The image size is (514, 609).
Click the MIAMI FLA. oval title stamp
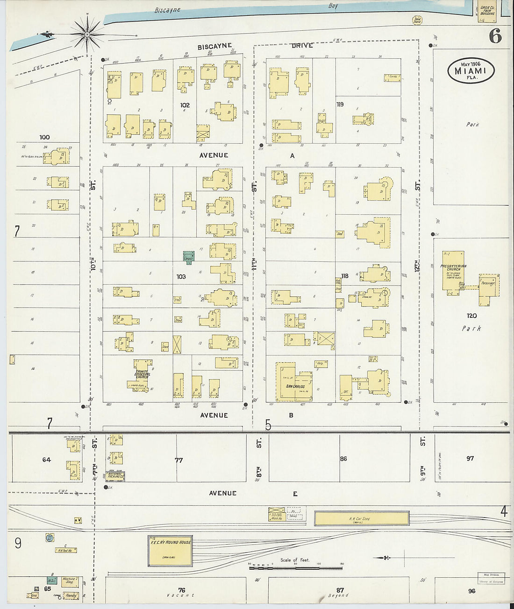point(471,71)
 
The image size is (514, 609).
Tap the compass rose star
point(87,34)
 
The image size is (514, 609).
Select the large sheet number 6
point(495,36)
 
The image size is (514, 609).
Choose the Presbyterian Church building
point(454,271)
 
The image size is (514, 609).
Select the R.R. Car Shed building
point(362,518)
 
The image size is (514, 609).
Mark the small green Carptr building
point(189,257)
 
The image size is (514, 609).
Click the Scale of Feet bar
point(295,567)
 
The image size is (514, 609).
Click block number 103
point(181,277)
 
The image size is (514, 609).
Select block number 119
point(340,104)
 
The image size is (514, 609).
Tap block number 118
point(344,276)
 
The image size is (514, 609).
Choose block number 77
point(178,460)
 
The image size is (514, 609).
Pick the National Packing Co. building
point(115,476)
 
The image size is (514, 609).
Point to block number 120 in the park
point(471,316)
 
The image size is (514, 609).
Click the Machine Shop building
point(69,581)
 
